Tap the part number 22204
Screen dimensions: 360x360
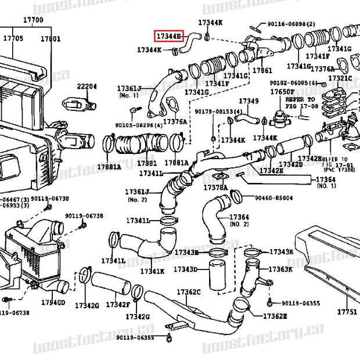(x=87, y=86)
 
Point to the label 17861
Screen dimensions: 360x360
(x=262, y=70)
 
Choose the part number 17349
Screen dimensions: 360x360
(x=249, y=101)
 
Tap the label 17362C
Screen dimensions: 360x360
(x=188, y=291)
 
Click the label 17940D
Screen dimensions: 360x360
(x=53, y=303)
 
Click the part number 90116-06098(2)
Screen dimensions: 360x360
(x=291, y=24)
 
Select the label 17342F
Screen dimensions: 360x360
(x=118, y=305)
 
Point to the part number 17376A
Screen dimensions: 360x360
(x=174, y=121)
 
